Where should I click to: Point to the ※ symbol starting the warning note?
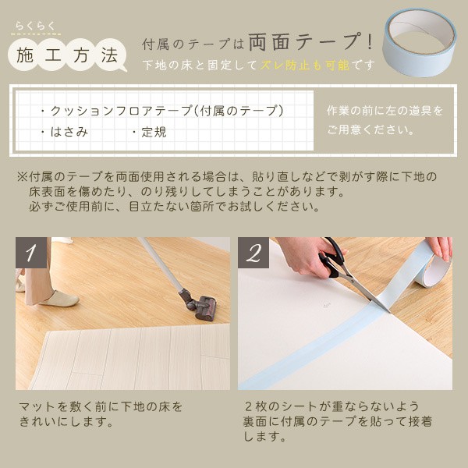click(x=22, y=176)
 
